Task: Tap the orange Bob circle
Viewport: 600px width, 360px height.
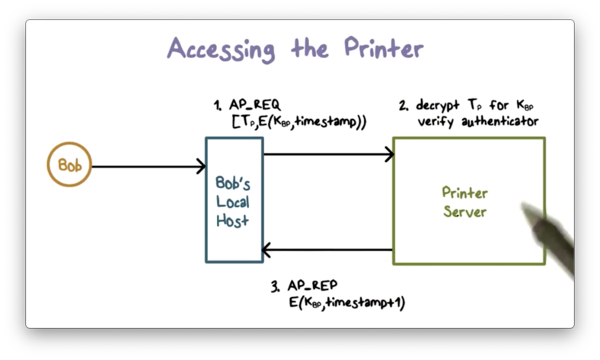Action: pyautogui.click(x=69, y=165)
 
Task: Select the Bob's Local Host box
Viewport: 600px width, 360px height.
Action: pyautogui.click(x=234, y=200)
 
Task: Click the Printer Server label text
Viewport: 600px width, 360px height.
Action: pyautogui.click(x=464, y=202)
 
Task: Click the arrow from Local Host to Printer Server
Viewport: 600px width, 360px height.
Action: pyautogui.click(x=327, y=155)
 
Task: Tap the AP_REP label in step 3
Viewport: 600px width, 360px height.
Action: pyautogui.click(x=312, y=286)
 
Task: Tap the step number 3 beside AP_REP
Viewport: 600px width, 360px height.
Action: pyautogui.click(x=275, y=286)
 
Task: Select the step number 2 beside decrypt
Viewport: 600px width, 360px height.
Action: pyautogui.click(x=403, y=105)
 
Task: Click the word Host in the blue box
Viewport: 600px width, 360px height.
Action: pyautogui.click(x=232, y=221)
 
